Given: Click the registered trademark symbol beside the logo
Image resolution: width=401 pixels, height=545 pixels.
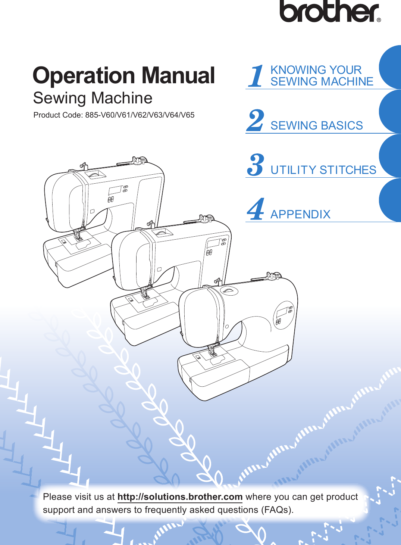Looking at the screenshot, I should click(x=379, y=20).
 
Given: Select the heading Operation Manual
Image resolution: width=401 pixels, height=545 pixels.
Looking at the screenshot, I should click(x=124, y=75).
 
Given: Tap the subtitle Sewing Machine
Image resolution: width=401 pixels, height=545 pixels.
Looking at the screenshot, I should click(x=93, y=98).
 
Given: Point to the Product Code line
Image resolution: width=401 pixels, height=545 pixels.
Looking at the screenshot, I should click(x=114, y=115).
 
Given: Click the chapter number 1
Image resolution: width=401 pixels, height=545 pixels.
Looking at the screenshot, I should click(x=256, y=76).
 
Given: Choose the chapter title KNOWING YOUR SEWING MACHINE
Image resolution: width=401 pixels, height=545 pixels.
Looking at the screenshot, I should click(x=321, y=76).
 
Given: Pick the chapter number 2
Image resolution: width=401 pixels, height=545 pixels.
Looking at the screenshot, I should click(x=256, y=121).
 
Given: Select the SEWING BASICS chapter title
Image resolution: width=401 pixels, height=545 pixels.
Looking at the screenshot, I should click(x=316, y=125).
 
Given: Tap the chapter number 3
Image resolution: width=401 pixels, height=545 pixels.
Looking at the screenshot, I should click(x=256, y=165).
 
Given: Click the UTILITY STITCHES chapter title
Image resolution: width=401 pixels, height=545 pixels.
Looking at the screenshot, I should click(x=323, y=170).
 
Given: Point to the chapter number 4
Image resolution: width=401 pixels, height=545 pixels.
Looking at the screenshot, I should click(x=256, y=209).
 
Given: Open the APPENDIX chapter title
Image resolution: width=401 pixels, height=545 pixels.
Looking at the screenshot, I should click(x=300, y=214).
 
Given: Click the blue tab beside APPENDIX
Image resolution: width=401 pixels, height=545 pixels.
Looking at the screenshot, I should click(x=390, y=200).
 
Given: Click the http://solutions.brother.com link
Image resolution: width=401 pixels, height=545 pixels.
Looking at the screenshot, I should click(x=180, y=497).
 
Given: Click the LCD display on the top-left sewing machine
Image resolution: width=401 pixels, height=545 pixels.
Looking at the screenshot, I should click(x=115, y=190).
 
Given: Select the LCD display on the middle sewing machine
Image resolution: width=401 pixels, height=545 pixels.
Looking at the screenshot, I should click(x=213, y=243).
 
